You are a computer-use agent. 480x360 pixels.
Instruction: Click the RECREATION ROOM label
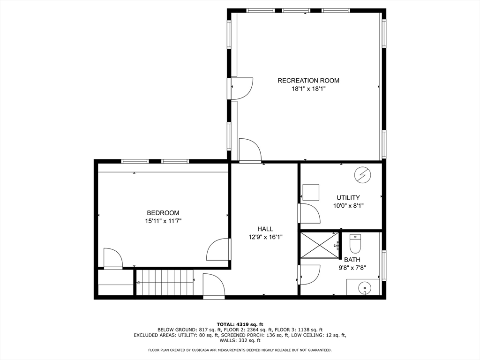[x=308, y=81]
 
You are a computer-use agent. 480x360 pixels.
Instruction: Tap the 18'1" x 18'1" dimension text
[x=308, y=89]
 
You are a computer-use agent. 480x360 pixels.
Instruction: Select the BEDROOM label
[x=163, y=213]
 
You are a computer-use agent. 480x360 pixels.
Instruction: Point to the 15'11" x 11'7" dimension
[x=163, y=221]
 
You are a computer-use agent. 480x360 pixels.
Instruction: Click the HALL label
[x=265, y=229]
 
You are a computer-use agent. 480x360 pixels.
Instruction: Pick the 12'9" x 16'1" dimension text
[x=265, y=237]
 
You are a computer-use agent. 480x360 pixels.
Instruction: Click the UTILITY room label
[x=348, y=198]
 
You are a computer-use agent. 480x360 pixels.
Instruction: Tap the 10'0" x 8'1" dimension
[x=348, y=206]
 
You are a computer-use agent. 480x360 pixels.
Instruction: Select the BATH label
[x=352, y=260]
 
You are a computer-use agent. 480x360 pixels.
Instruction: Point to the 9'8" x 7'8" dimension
[x=352, y=268]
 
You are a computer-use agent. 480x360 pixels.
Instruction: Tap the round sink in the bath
[x=363, y=287]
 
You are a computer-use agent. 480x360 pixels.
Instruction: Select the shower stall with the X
[x=319, y=245]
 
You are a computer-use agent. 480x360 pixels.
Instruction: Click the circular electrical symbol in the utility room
[x=361, y=175]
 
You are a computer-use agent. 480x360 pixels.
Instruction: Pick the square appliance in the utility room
[x=310, y=192]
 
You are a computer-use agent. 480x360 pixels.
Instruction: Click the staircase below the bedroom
[x=165, y=283]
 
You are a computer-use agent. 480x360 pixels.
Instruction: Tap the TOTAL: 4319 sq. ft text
[x=240, y=324]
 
